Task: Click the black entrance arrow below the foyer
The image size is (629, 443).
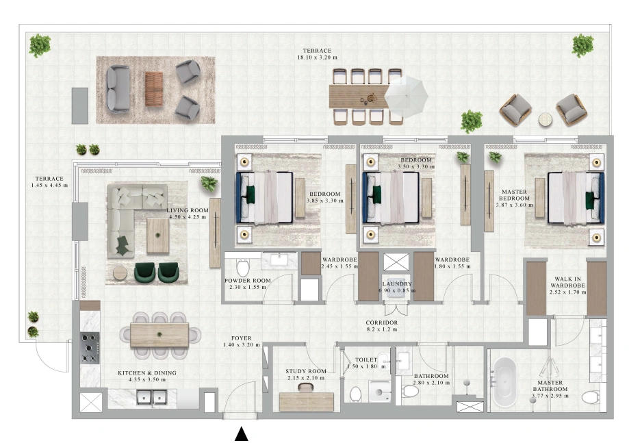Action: click(241, 434)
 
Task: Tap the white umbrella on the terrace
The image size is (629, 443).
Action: click(406, 97)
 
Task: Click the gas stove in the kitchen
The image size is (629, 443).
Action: click(90, 348)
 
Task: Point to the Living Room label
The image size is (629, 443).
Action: click(188, 210)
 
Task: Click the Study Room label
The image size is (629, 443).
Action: click(306, 372)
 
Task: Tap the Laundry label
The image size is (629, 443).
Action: click(397, 284)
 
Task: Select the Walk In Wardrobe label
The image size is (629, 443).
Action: click(567, 282)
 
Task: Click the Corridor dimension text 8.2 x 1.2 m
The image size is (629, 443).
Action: click(381, 329)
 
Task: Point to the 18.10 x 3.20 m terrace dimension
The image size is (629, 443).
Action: click(317, 58)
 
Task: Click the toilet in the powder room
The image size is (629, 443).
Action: click(243, 267)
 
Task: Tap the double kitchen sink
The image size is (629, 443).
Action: click(152, 398)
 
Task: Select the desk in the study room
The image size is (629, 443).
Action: click(307, 402)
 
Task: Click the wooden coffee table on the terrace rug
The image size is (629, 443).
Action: click(154, 89)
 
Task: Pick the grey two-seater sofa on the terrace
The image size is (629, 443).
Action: click(118, 89)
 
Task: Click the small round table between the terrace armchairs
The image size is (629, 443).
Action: click(545, 120)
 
